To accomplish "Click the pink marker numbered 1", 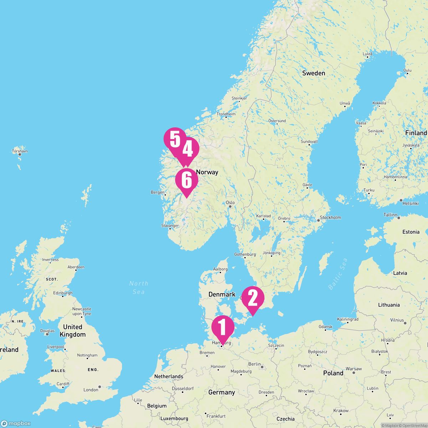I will pos(223,327).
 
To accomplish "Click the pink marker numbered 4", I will pos(188,149).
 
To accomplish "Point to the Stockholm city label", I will pos(330,218).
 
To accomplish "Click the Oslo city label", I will pos(230,203).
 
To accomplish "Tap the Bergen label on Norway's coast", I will pos(158,193).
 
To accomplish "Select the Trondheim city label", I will pos(226,114).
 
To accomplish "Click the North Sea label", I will pos(139,287).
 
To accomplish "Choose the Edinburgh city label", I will pos(62,293).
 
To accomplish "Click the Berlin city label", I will pos(254,364).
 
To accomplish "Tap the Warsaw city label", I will pos(353,369).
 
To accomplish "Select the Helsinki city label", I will pos(410,203).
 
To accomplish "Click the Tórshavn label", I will pos(20,151).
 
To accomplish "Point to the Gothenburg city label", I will pos(245,254).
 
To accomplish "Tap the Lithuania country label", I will pos(389,305).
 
